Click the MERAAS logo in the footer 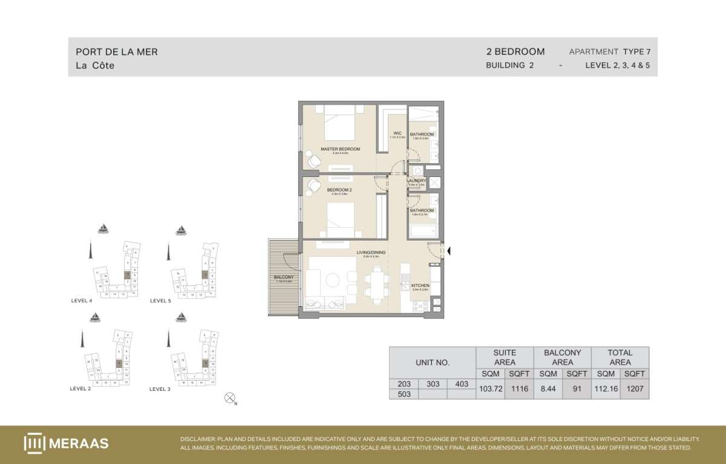(67, 443)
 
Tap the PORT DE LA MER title (117, 52)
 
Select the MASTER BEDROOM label (340, 149)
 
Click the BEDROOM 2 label (339, 190)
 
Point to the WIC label (397, 134)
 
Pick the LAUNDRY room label (417, 181)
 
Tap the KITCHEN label (420, 285)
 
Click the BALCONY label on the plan (283, 277)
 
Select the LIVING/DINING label (370, 253)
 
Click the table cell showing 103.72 (491, 388)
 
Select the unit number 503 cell (404, 394)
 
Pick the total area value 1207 (635, 388)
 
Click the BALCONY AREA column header (562, 357)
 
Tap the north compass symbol (229, 397)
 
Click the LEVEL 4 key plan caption (82, 300)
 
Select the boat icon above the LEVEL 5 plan (180, 230)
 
